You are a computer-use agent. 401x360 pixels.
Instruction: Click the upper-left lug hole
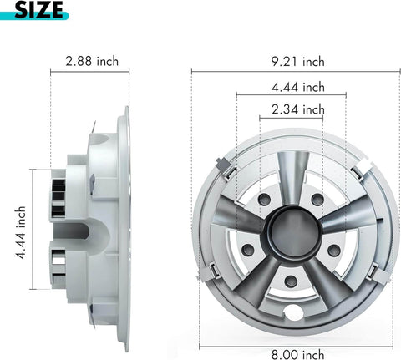(x=263, y=200)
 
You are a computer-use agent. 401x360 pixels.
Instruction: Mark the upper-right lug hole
(x=317, y=200)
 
